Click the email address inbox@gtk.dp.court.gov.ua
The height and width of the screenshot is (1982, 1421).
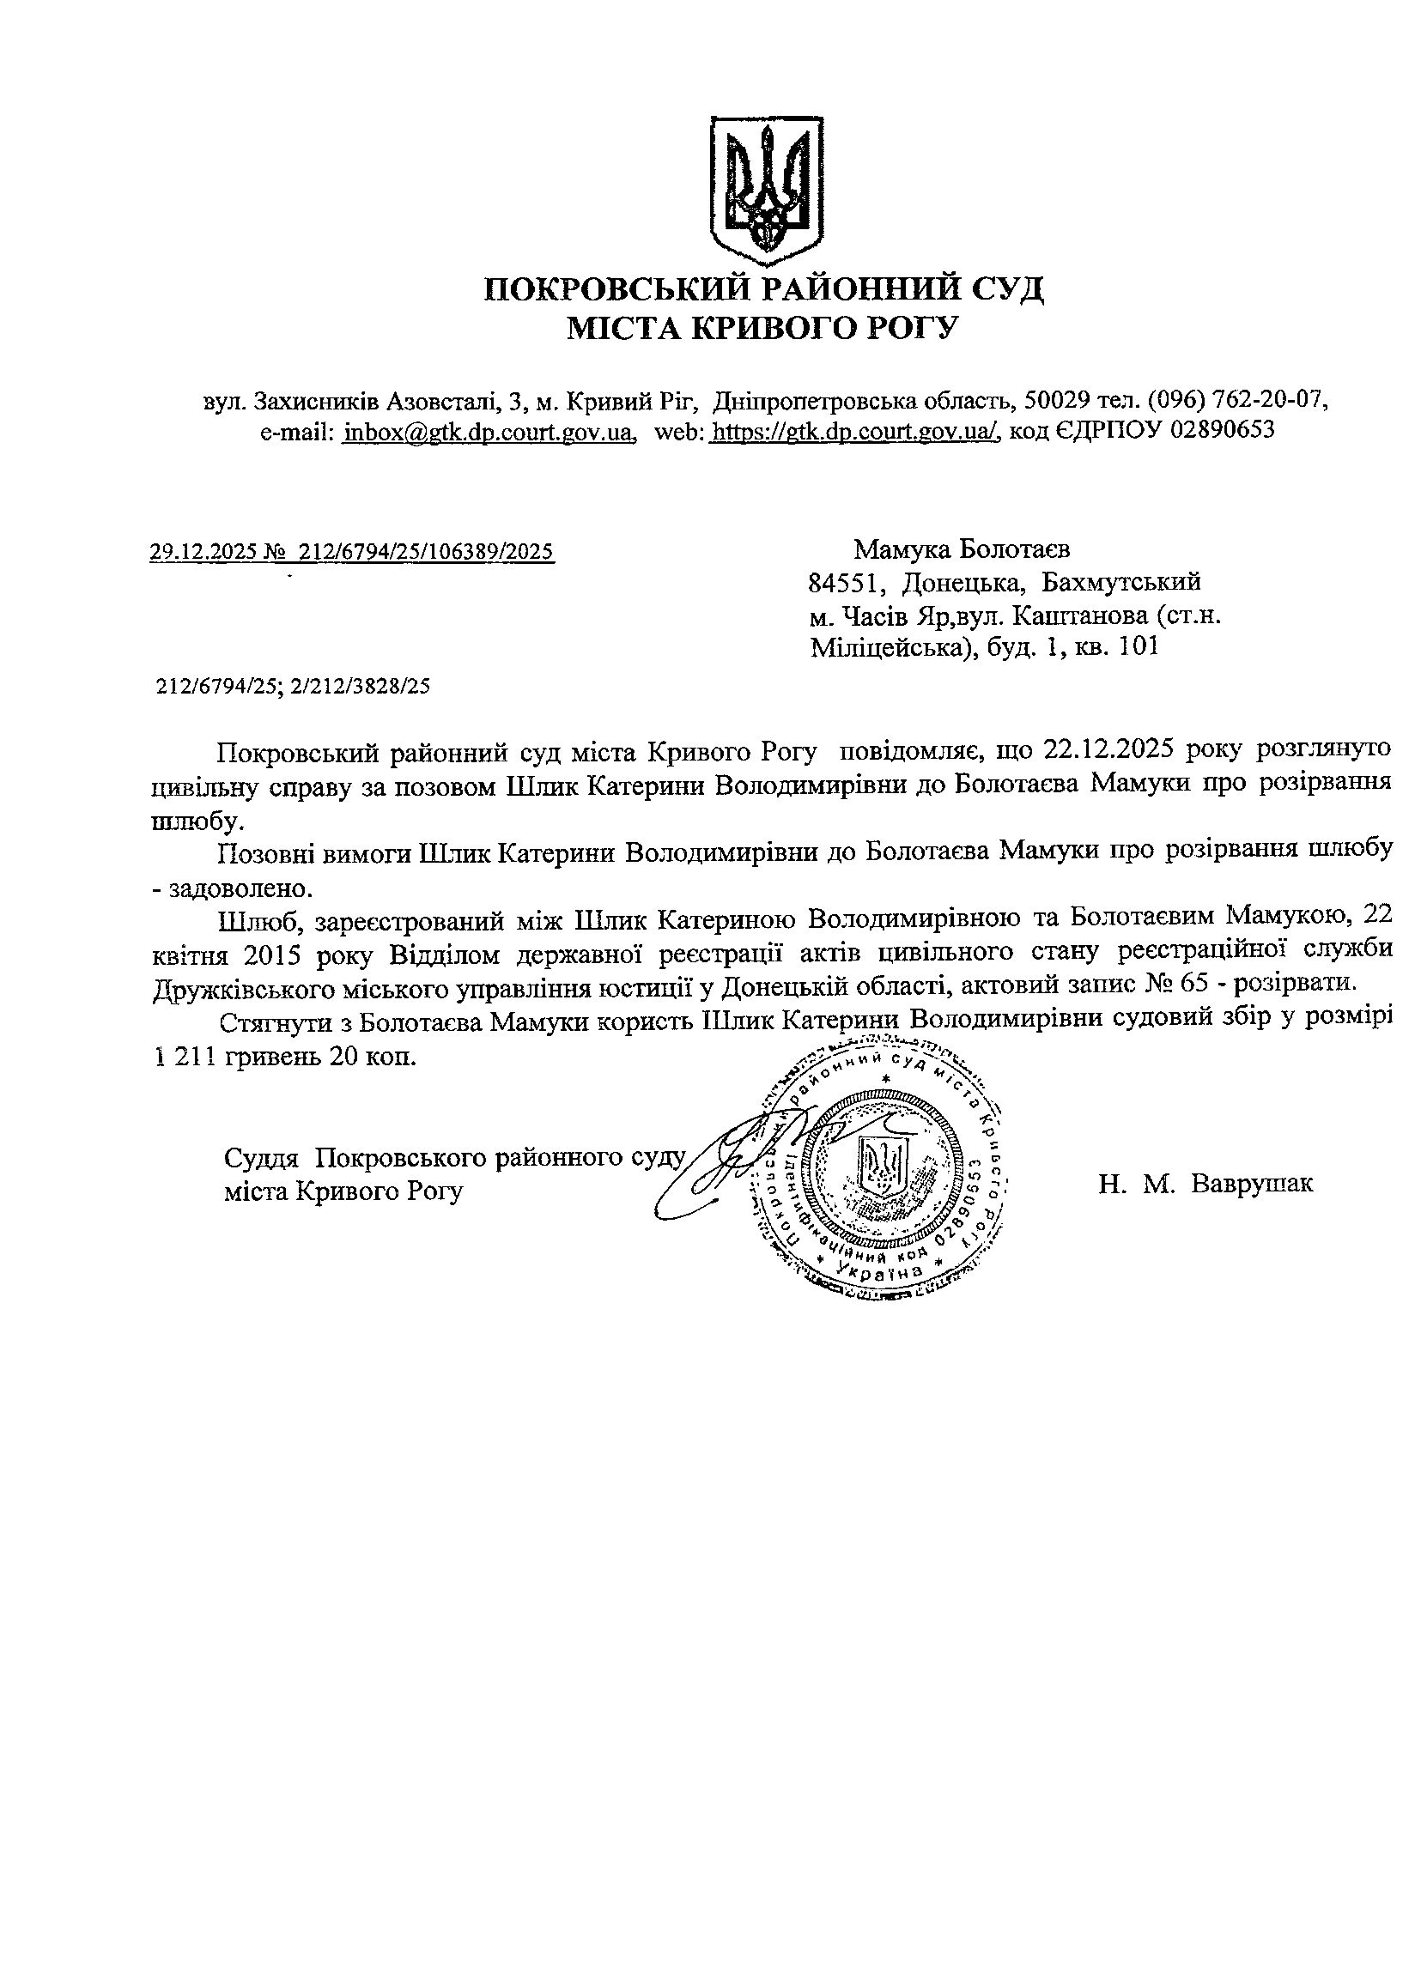point(489,431)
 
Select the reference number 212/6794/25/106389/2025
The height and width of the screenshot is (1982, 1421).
point(427,551)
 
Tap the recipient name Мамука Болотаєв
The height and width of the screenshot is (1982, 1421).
point(962,549)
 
